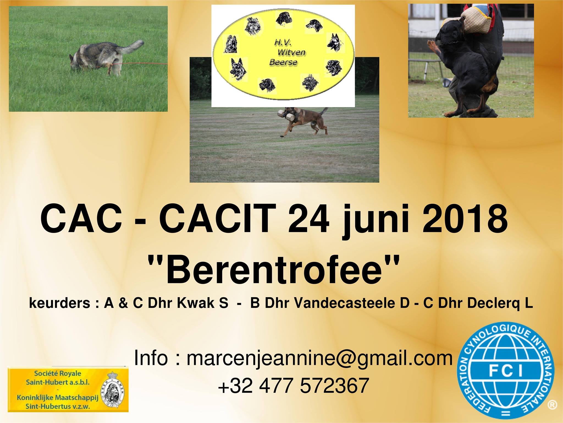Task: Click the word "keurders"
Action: (59, 303)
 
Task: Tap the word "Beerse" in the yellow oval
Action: (280, 62)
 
